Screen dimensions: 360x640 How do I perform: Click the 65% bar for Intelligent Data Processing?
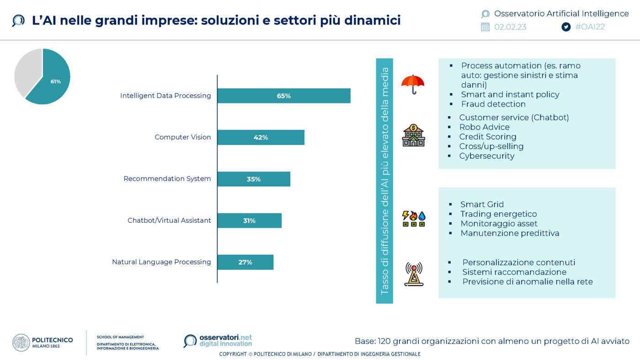tap(283, 96)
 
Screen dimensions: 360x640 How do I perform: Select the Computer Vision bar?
tap(261, 137)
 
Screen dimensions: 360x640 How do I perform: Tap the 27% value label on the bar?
tap(245, 263)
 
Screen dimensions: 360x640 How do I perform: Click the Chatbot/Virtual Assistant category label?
tap(169, 220)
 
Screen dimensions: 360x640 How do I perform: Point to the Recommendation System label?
tap(167, 179)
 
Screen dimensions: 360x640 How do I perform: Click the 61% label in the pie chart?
tap(55, 81)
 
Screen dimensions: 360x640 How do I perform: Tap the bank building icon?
tap(413, 135)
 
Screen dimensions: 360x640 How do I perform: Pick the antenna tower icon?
tap(414, 274)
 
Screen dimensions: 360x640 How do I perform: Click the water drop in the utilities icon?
tap(421, 215)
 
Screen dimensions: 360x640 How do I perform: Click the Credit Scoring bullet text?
tap(488, 137)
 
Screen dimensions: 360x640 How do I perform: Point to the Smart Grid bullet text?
tap(482, 204)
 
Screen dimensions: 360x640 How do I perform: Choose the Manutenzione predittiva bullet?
tap(510, 233)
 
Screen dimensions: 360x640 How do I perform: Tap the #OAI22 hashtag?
tap(590, 27)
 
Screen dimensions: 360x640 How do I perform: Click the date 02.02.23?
tap(510, 27)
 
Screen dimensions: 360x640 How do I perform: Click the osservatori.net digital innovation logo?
tap(218, 341)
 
